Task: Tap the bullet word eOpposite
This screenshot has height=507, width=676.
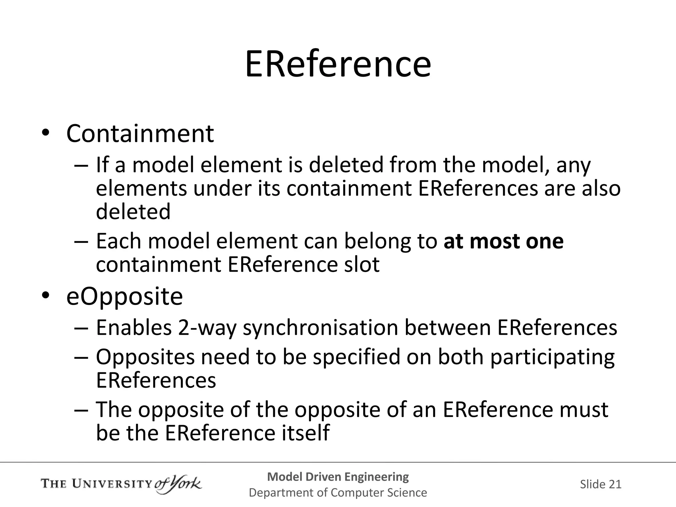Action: [124, 296]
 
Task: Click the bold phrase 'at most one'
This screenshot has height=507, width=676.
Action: [503, 241]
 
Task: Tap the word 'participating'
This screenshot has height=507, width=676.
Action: [552, 357]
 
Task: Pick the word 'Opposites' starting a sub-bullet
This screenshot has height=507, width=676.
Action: [145, 357]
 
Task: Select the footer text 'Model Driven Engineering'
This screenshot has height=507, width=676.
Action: [338, 477]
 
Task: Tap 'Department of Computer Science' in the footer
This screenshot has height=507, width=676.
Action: [338, 492]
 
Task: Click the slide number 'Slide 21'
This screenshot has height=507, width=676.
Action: [600, 484]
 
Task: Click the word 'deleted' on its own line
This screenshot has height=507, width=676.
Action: [133, 212]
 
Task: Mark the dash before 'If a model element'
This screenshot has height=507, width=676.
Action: [81, 165]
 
